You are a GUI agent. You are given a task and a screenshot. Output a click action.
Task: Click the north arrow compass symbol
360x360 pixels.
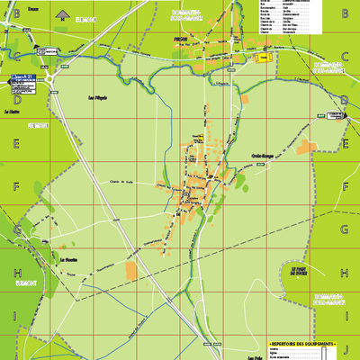[x=63, y=14]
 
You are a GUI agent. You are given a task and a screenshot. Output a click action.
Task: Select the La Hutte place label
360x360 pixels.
[x=13, y=111]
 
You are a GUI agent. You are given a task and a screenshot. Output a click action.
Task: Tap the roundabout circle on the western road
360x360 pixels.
[x=50, y=79]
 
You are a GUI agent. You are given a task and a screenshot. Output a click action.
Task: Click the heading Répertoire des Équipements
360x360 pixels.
[x=303, y=344]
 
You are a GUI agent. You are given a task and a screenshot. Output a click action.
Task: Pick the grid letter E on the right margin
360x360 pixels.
[x=346, y=142]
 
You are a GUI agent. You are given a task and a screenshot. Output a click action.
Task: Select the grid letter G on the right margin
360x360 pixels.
[x=346, y=229]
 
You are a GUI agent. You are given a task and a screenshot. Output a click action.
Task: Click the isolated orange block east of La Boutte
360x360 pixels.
[x=132, y=270]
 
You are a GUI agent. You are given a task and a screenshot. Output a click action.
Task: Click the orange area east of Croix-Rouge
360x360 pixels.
[x=309, y=148]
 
